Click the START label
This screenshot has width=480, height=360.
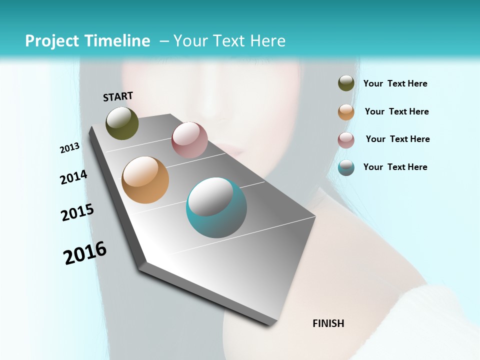(118, 96)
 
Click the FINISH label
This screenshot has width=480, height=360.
(328, 323)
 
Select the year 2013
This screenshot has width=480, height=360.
(69, 148)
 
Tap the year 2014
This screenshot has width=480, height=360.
(73, 177)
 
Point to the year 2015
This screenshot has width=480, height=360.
(77, 212)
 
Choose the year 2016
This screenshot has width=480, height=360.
(85, 252)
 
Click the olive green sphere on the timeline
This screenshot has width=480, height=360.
(122, 123)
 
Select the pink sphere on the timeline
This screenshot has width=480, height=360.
(189, 140)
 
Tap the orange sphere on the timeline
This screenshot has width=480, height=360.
(145, 180)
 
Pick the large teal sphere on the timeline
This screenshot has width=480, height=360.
(216, 207)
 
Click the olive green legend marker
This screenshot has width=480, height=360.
(346, 83)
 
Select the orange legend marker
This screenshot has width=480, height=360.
(346, 112)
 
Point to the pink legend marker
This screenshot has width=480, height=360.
(346, 140)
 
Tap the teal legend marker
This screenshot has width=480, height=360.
(346, 167)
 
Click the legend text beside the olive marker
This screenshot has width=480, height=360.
(395, 83)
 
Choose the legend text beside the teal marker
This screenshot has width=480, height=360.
(395, 167)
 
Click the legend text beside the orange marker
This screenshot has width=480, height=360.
(396, 111)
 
